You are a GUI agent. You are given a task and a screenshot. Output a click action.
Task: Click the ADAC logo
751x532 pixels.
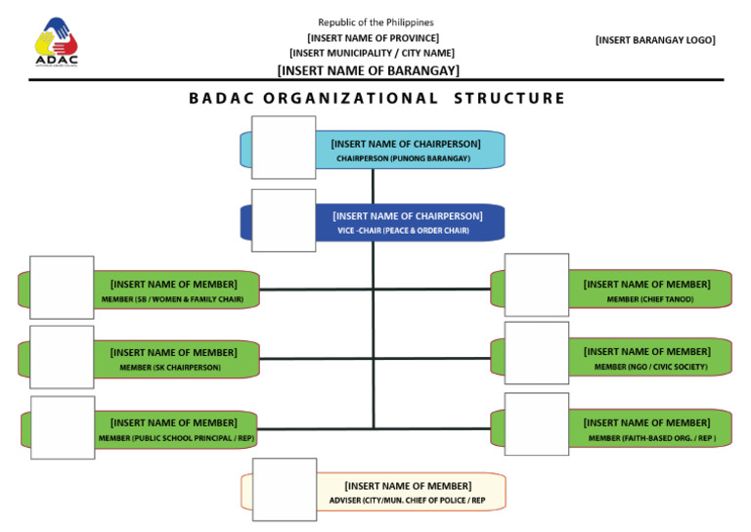coord(57,41)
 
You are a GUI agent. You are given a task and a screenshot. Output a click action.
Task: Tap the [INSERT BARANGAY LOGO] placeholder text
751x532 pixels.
coord(655,40)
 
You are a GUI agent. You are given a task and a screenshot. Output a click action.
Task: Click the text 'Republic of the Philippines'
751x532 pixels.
coord(375,22)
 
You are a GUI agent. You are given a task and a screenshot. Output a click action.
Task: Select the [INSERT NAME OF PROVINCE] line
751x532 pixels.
coord(374,37)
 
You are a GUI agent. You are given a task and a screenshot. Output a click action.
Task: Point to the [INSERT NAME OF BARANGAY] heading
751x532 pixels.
coord(369,70)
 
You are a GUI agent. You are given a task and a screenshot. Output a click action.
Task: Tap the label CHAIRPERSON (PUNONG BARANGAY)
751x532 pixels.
coord(403,158)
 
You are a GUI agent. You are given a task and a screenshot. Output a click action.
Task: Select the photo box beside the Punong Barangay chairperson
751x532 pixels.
coord(284,148)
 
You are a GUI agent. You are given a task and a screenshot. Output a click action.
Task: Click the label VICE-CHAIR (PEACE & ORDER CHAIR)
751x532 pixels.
coord(403,231)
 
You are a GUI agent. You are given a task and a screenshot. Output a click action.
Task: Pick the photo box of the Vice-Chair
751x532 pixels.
coord(284,220)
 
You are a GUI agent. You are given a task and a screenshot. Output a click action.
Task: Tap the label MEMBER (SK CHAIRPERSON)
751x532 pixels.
coord(170,368)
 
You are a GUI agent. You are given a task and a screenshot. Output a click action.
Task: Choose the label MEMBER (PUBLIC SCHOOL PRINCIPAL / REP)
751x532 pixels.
coord(176,438)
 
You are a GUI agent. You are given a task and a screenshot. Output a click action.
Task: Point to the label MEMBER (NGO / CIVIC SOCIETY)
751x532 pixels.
coord(650,368)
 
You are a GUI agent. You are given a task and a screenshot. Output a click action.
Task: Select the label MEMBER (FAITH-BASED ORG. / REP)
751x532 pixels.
coord(652,438)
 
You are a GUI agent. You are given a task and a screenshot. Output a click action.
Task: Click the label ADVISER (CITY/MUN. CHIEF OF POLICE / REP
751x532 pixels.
coord(407,501)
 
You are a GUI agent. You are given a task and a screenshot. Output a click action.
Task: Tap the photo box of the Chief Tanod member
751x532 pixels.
coord(536,286)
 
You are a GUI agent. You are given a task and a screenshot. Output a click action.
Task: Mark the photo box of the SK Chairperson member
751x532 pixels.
coord(62,357)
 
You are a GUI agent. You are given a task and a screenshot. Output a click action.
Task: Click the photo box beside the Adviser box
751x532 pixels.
coord(284,490)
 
